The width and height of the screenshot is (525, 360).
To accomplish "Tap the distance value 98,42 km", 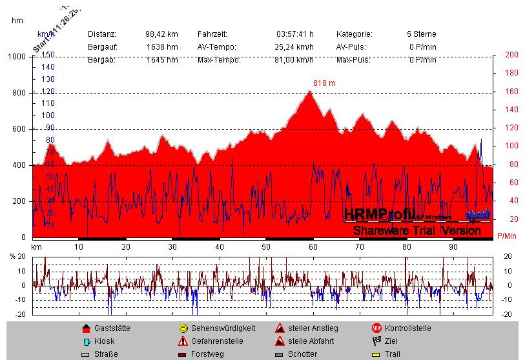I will pyautogui.click(x=161, y=34).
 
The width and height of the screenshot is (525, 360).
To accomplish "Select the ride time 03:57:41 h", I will pyautogui.click(x=295, y=34).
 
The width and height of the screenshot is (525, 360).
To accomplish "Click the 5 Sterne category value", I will pyautogui.click(x=421, y=34).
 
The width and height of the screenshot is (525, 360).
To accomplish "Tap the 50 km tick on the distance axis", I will pyautogui.click(x=266, y=247).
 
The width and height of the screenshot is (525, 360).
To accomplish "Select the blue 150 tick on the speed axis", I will pyautogui.click(x=48, y=55).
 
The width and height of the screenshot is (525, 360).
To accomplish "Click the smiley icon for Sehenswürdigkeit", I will pyautogui.click(x=183, y=328).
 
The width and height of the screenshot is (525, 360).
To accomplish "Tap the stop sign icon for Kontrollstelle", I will pyautogui.click(x=376, y=328).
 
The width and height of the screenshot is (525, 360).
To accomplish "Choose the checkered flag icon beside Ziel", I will pyautogui.click(x=376, y=341).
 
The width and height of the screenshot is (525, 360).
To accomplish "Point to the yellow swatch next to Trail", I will pyautogui.click(x=376, y=354).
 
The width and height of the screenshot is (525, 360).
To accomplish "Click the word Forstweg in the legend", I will pyautogui.click(x=208, y=354).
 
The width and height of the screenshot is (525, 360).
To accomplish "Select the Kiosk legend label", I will pyautogui.click(x=104, y=341).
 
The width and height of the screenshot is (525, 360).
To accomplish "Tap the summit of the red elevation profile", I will pyautogui.click(x=310, y=92).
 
